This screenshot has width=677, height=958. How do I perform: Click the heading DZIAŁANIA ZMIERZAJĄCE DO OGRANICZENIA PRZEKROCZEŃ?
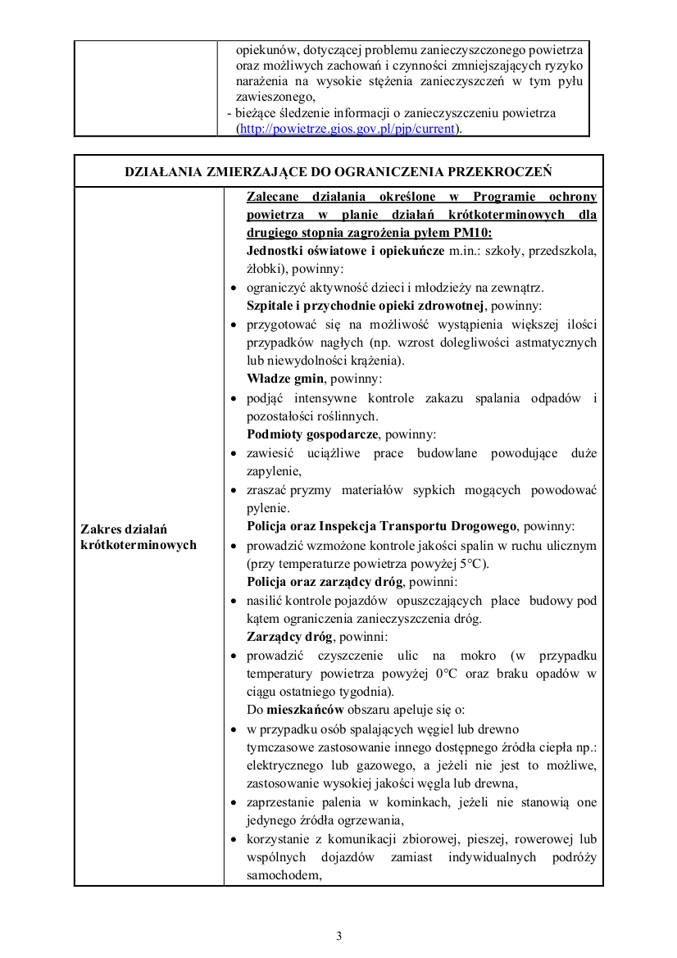pos(338,171)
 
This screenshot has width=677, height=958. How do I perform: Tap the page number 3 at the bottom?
pos(338,936)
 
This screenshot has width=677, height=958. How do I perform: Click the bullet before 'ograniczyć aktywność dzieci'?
pos(234,288)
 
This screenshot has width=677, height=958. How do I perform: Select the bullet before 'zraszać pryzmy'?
pos(234,491)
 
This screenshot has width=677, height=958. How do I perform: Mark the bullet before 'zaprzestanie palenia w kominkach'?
pos(234,803)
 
